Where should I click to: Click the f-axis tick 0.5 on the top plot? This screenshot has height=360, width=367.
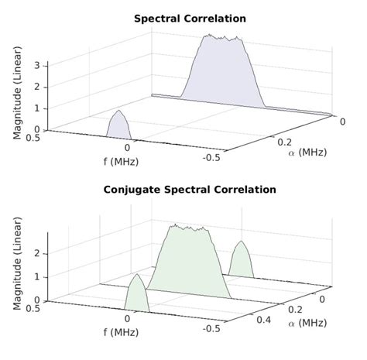click(x=32, y=138)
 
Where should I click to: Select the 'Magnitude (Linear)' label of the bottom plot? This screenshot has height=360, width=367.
click(x=17, y=266)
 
